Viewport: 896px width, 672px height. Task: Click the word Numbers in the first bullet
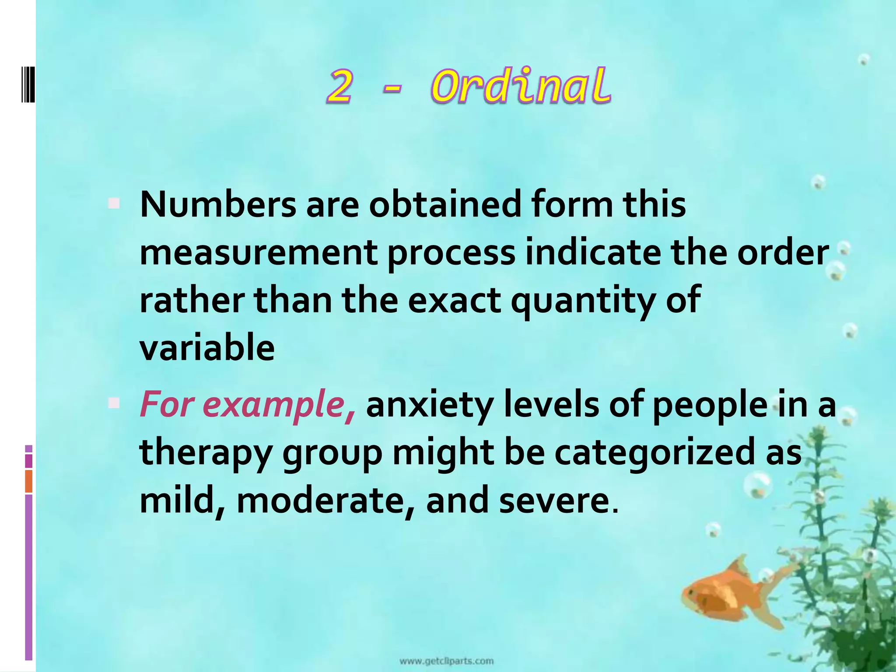218,205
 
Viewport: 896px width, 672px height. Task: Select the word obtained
445,205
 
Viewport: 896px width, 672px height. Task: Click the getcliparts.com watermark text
446,661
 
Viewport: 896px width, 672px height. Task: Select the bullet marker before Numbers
114,203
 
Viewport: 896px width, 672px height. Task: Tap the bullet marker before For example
114,403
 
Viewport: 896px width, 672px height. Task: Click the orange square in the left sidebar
29,481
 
